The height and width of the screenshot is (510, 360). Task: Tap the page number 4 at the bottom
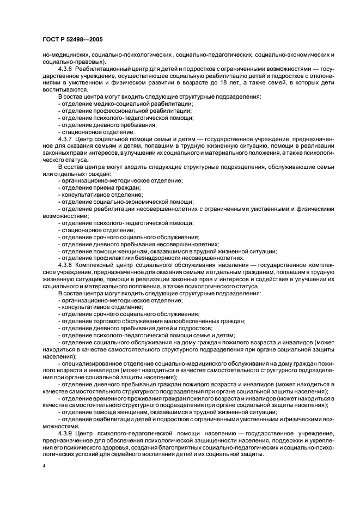click(x=44, y=467)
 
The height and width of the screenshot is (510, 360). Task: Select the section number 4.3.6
click(x=67, y=70)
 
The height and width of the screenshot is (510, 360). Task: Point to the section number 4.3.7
click(x=67, y=139)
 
